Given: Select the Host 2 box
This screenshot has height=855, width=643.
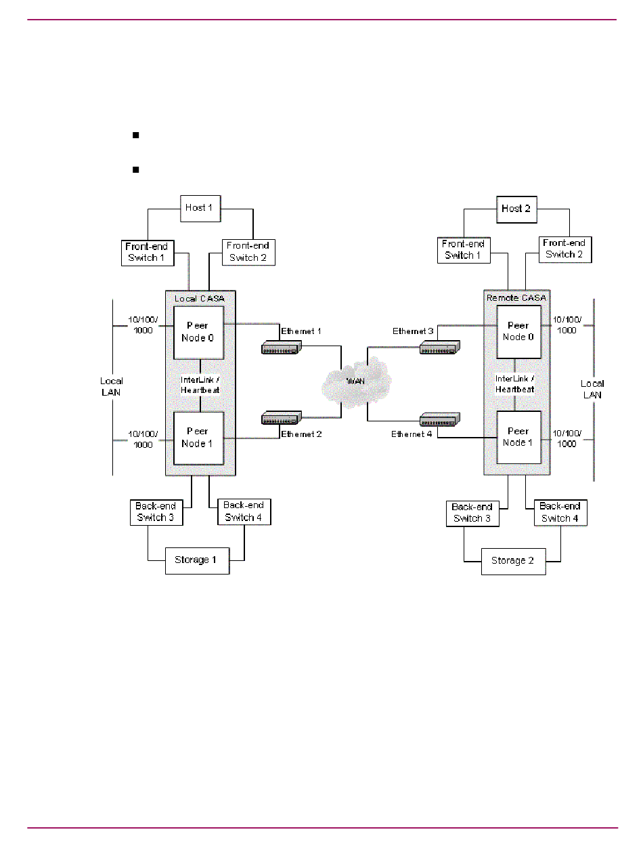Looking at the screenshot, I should coord(516,208).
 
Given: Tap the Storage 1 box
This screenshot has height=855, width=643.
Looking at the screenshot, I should coord(197,560).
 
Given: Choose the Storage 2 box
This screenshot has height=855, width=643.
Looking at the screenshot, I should coord(513,561).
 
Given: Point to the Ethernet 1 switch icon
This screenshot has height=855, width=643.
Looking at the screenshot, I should coord(280,348).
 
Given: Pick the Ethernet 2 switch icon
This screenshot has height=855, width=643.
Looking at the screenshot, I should coord(280,418).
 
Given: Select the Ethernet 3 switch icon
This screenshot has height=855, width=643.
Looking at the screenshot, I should coord(439,348).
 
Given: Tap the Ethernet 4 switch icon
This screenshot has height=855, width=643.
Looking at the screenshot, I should coord(439,418).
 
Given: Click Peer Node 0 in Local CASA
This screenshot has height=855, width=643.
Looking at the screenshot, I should coord(198,332).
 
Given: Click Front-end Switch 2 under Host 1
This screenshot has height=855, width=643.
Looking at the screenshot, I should coord(248,251).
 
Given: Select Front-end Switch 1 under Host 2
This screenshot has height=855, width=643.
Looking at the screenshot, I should coord(464,250).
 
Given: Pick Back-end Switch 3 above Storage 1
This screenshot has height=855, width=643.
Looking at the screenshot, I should coord(156,512).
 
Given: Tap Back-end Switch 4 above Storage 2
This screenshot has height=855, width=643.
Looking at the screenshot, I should coord(560,512).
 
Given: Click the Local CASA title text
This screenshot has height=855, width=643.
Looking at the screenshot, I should coord(200,299).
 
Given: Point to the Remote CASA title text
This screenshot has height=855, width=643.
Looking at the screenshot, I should coord(516,297).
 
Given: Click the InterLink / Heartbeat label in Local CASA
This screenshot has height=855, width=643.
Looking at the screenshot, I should coord(200,385).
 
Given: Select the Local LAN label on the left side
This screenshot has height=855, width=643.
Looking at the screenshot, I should coord(112,387).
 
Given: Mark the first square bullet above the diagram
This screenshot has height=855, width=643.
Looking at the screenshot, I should coord(135,135).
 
